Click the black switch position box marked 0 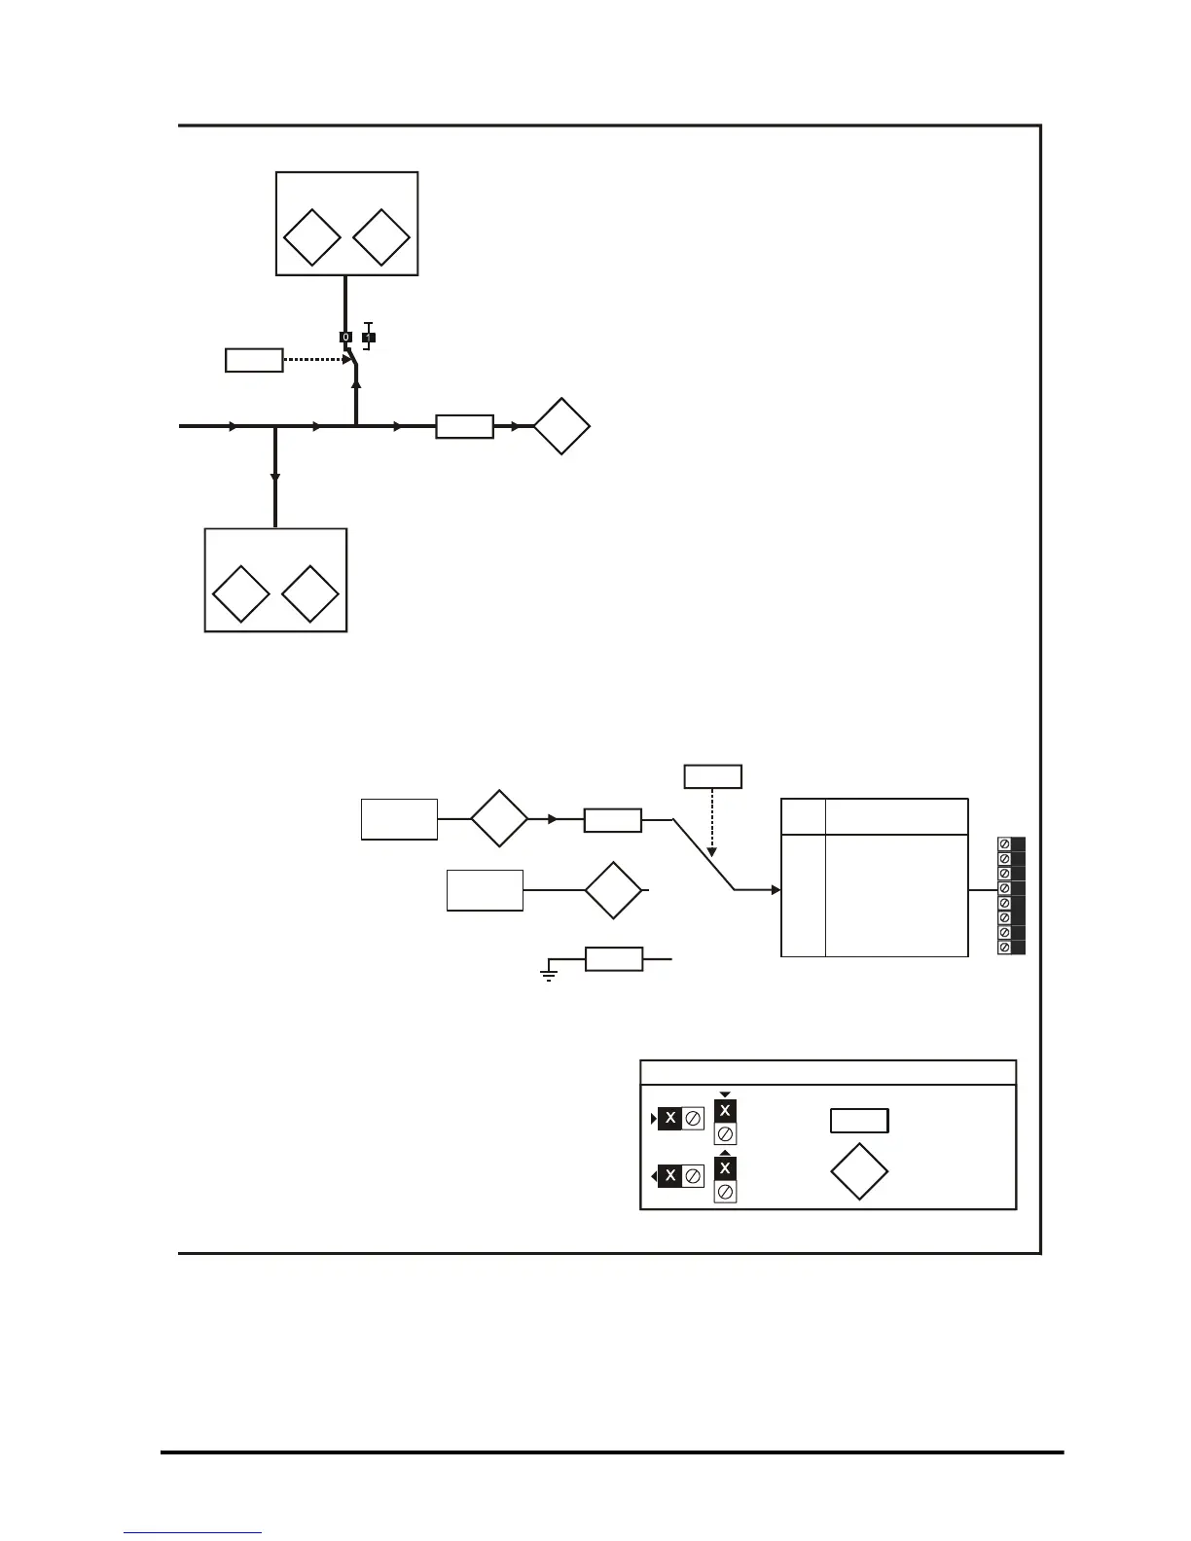point(345,337)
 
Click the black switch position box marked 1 point(369,338)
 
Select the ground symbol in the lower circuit point(549,974)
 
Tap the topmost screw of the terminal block point(1005,844)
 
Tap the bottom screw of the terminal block point(1005,947)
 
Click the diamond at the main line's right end point(561,426)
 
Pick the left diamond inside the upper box point(311,237)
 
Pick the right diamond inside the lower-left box point(310,593)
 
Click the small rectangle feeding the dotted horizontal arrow point(254,360)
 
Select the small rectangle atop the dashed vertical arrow point(713,776)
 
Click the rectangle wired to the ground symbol point(614,959)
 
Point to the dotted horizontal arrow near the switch point(319,360)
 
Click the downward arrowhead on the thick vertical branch point(275,477)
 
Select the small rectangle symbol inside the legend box point(859,1121)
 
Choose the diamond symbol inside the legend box point(859,1172)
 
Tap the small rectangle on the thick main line point(465,426)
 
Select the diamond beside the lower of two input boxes point(613,890)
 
